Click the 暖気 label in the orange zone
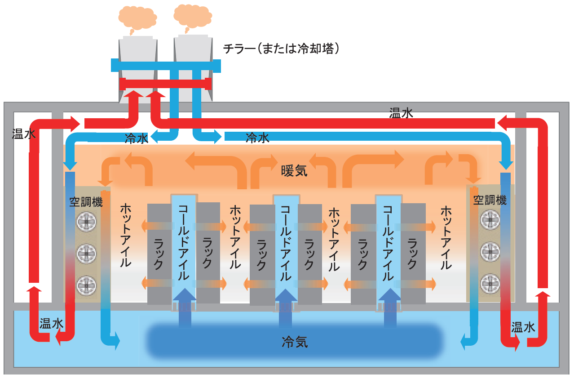[294, 171]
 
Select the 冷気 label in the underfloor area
[295, 342]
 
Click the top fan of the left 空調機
[86, 221]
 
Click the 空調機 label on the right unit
[490, 201]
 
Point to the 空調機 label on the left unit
[86, 202]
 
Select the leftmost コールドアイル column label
[184, 243]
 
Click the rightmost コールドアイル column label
[388, 243]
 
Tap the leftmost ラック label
[159, 254]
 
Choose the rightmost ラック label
[413, 254]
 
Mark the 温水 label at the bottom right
[523, 328]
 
